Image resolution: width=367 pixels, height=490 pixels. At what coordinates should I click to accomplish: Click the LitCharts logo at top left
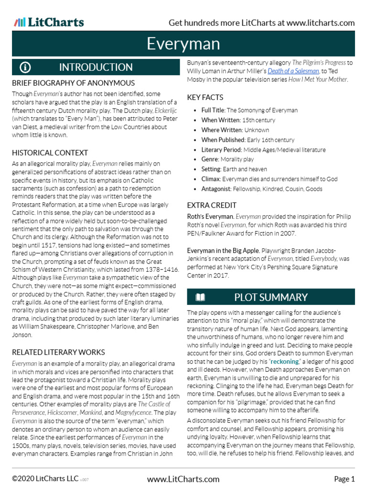tap(49, 22)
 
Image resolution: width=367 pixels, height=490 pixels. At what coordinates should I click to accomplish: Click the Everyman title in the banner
tap(183, 44)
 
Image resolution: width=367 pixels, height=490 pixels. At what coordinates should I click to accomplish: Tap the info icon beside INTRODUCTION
tap(25, 67)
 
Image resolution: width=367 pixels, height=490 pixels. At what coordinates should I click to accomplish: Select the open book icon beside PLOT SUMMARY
tap(200, 297)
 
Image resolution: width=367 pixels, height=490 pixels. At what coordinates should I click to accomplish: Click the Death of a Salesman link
tap(293, 71)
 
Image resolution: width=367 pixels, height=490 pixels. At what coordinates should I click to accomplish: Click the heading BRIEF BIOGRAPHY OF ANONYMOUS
tap(73, 83)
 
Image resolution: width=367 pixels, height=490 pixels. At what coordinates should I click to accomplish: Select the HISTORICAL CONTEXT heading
tap(50, 153)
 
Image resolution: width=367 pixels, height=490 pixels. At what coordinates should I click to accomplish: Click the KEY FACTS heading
tap(205, 97)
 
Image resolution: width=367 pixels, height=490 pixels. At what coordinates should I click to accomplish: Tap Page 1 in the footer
tap(344, 479)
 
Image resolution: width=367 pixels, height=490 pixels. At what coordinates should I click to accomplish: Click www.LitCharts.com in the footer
tap(183, 479)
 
